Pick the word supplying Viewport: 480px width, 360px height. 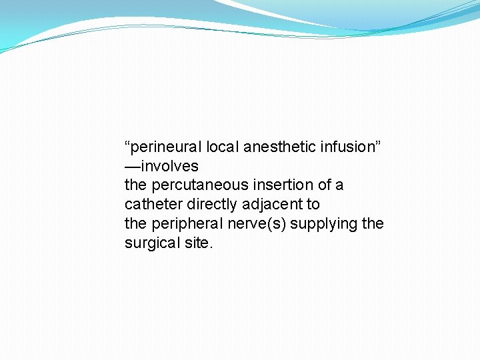(324, 224)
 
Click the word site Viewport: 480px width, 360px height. (200, 243)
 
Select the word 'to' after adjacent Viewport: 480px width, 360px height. (313, 205)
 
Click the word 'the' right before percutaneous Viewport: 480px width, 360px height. (135, 185)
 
